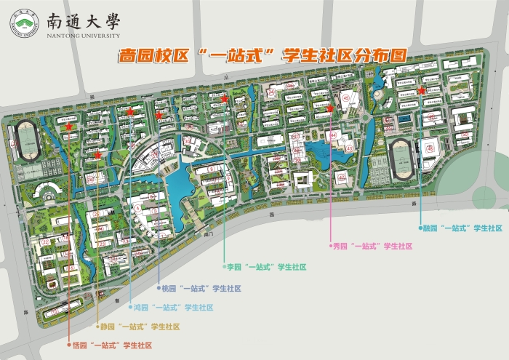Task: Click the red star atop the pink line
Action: click(331, 109)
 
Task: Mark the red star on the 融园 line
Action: click(422, 91)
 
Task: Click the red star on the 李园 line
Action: click(225, 99)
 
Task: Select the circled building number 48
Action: click(430, 148)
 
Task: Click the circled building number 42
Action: click(340, 177)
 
